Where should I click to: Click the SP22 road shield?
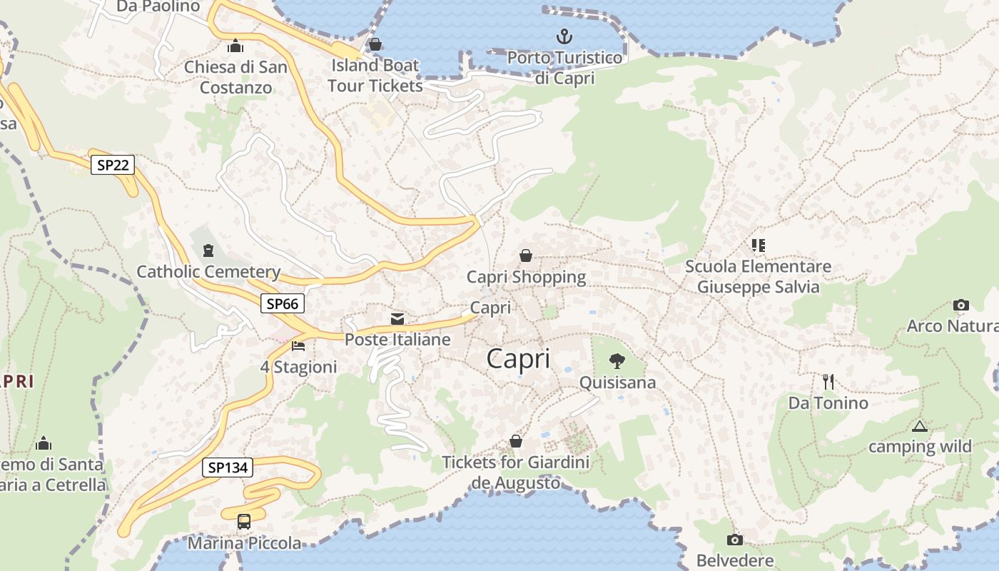tap(113, 166)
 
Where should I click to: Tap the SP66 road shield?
tap(282, 303)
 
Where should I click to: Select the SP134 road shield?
tap(228, 468)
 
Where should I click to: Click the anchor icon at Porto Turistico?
tap(564, 36)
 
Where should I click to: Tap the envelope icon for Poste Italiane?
tap(397, 318)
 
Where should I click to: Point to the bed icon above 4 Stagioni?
tap(298, 346)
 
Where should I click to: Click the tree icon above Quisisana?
tap(617, 361)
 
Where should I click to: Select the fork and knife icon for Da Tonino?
tap(828, 382)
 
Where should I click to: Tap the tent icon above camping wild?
tap(919, 426)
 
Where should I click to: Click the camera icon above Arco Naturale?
tap(960, 305)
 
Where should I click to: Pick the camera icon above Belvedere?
tap(734, 540)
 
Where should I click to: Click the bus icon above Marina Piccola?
tap(244, 522)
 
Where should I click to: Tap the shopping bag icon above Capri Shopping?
tap(526, 256)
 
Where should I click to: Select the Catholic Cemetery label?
tap(208, 272)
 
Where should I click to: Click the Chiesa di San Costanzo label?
tap(235, 77)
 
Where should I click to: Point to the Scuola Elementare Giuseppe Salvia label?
tap(758, 277)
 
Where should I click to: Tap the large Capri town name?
tap(518, 358)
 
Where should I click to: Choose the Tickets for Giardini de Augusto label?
tap(516, 473)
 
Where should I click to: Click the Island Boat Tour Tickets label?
tap(375, 75)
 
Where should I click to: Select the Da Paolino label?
tap(158, 6)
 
